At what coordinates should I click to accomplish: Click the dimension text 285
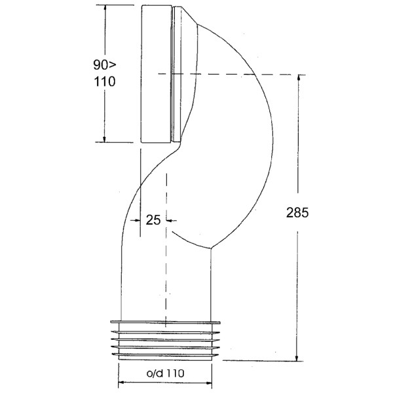(x=297, y=213)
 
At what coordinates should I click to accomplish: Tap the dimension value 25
(x=153, y=220)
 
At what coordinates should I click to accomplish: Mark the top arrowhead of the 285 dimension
(x=299, y=79)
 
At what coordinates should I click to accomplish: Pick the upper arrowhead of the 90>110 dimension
(x=104, y=9)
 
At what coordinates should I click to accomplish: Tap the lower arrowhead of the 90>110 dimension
(x=104, y=138)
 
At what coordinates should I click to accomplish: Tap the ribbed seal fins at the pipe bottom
(x=165, y=341)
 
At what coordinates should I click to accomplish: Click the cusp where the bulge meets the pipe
(x=211, y=247)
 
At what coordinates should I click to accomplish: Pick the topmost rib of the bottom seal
(x=165, y=322)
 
